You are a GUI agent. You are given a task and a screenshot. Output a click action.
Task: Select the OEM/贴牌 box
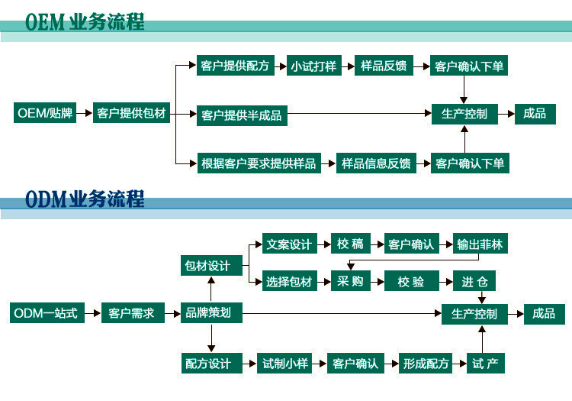point(45,114)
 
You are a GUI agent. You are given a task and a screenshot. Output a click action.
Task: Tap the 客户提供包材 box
point(131,114)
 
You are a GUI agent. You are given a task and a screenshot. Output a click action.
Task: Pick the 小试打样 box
point(313,66)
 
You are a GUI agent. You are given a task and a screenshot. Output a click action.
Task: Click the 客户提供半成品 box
point(241,115)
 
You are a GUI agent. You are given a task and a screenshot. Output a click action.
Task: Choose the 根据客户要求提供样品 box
point(258,163)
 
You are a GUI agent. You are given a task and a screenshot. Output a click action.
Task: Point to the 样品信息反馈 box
point(376,163)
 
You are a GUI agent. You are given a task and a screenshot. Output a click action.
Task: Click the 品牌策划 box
point(208,313)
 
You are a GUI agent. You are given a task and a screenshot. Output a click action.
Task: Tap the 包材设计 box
point(207,266)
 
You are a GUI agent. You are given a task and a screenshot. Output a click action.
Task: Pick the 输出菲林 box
point(480,244)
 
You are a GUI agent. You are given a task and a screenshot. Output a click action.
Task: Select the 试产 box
point(485,363)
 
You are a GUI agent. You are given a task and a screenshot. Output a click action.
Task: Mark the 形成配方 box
point(426,363)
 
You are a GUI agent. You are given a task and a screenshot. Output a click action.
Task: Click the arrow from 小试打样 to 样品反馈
point(348,66)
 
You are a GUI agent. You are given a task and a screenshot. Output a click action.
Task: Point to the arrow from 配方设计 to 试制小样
point(248,363)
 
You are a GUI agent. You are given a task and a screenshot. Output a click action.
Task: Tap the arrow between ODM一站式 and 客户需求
point(92,313)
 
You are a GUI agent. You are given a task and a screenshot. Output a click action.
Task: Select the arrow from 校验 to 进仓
point(448,282)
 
